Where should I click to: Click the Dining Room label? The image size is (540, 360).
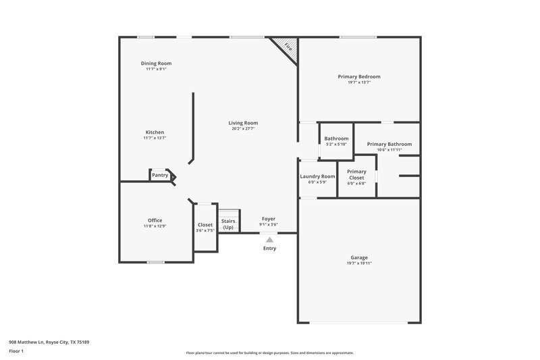click(155, 63)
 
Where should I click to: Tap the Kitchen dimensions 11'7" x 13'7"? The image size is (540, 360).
click(155, 138)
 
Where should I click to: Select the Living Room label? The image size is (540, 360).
click(244, 123)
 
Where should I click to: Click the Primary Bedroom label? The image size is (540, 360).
click(359, 77)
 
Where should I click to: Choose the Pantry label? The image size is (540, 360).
click(160, 176)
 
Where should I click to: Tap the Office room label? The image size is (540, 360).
click(155, 220)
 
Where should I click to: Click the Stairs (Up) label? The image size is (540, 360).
click(228, 224)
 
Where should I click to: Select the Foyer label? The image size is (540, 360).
click(269, 220)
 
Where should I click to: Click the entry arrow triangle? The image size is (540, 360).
click(269, 239)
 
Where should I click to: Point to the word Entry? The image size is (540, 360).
click(269, 248)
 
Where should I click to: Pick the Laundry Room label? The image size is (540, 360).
click(317, 176)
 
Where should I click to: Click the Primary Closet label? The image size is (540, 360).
click(356, 174)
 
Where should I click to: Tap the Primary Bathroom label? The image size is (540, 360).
click(389, 144)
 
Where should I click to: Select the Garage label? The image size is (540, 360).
click(359, 257)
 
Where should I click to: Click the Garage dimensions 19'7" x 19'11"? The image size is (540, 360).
click(359, 263)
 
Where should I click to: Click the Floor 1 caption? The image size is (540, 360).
click(16, 351)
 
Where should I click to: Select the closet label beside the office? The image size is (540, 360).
click(205, 225)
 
